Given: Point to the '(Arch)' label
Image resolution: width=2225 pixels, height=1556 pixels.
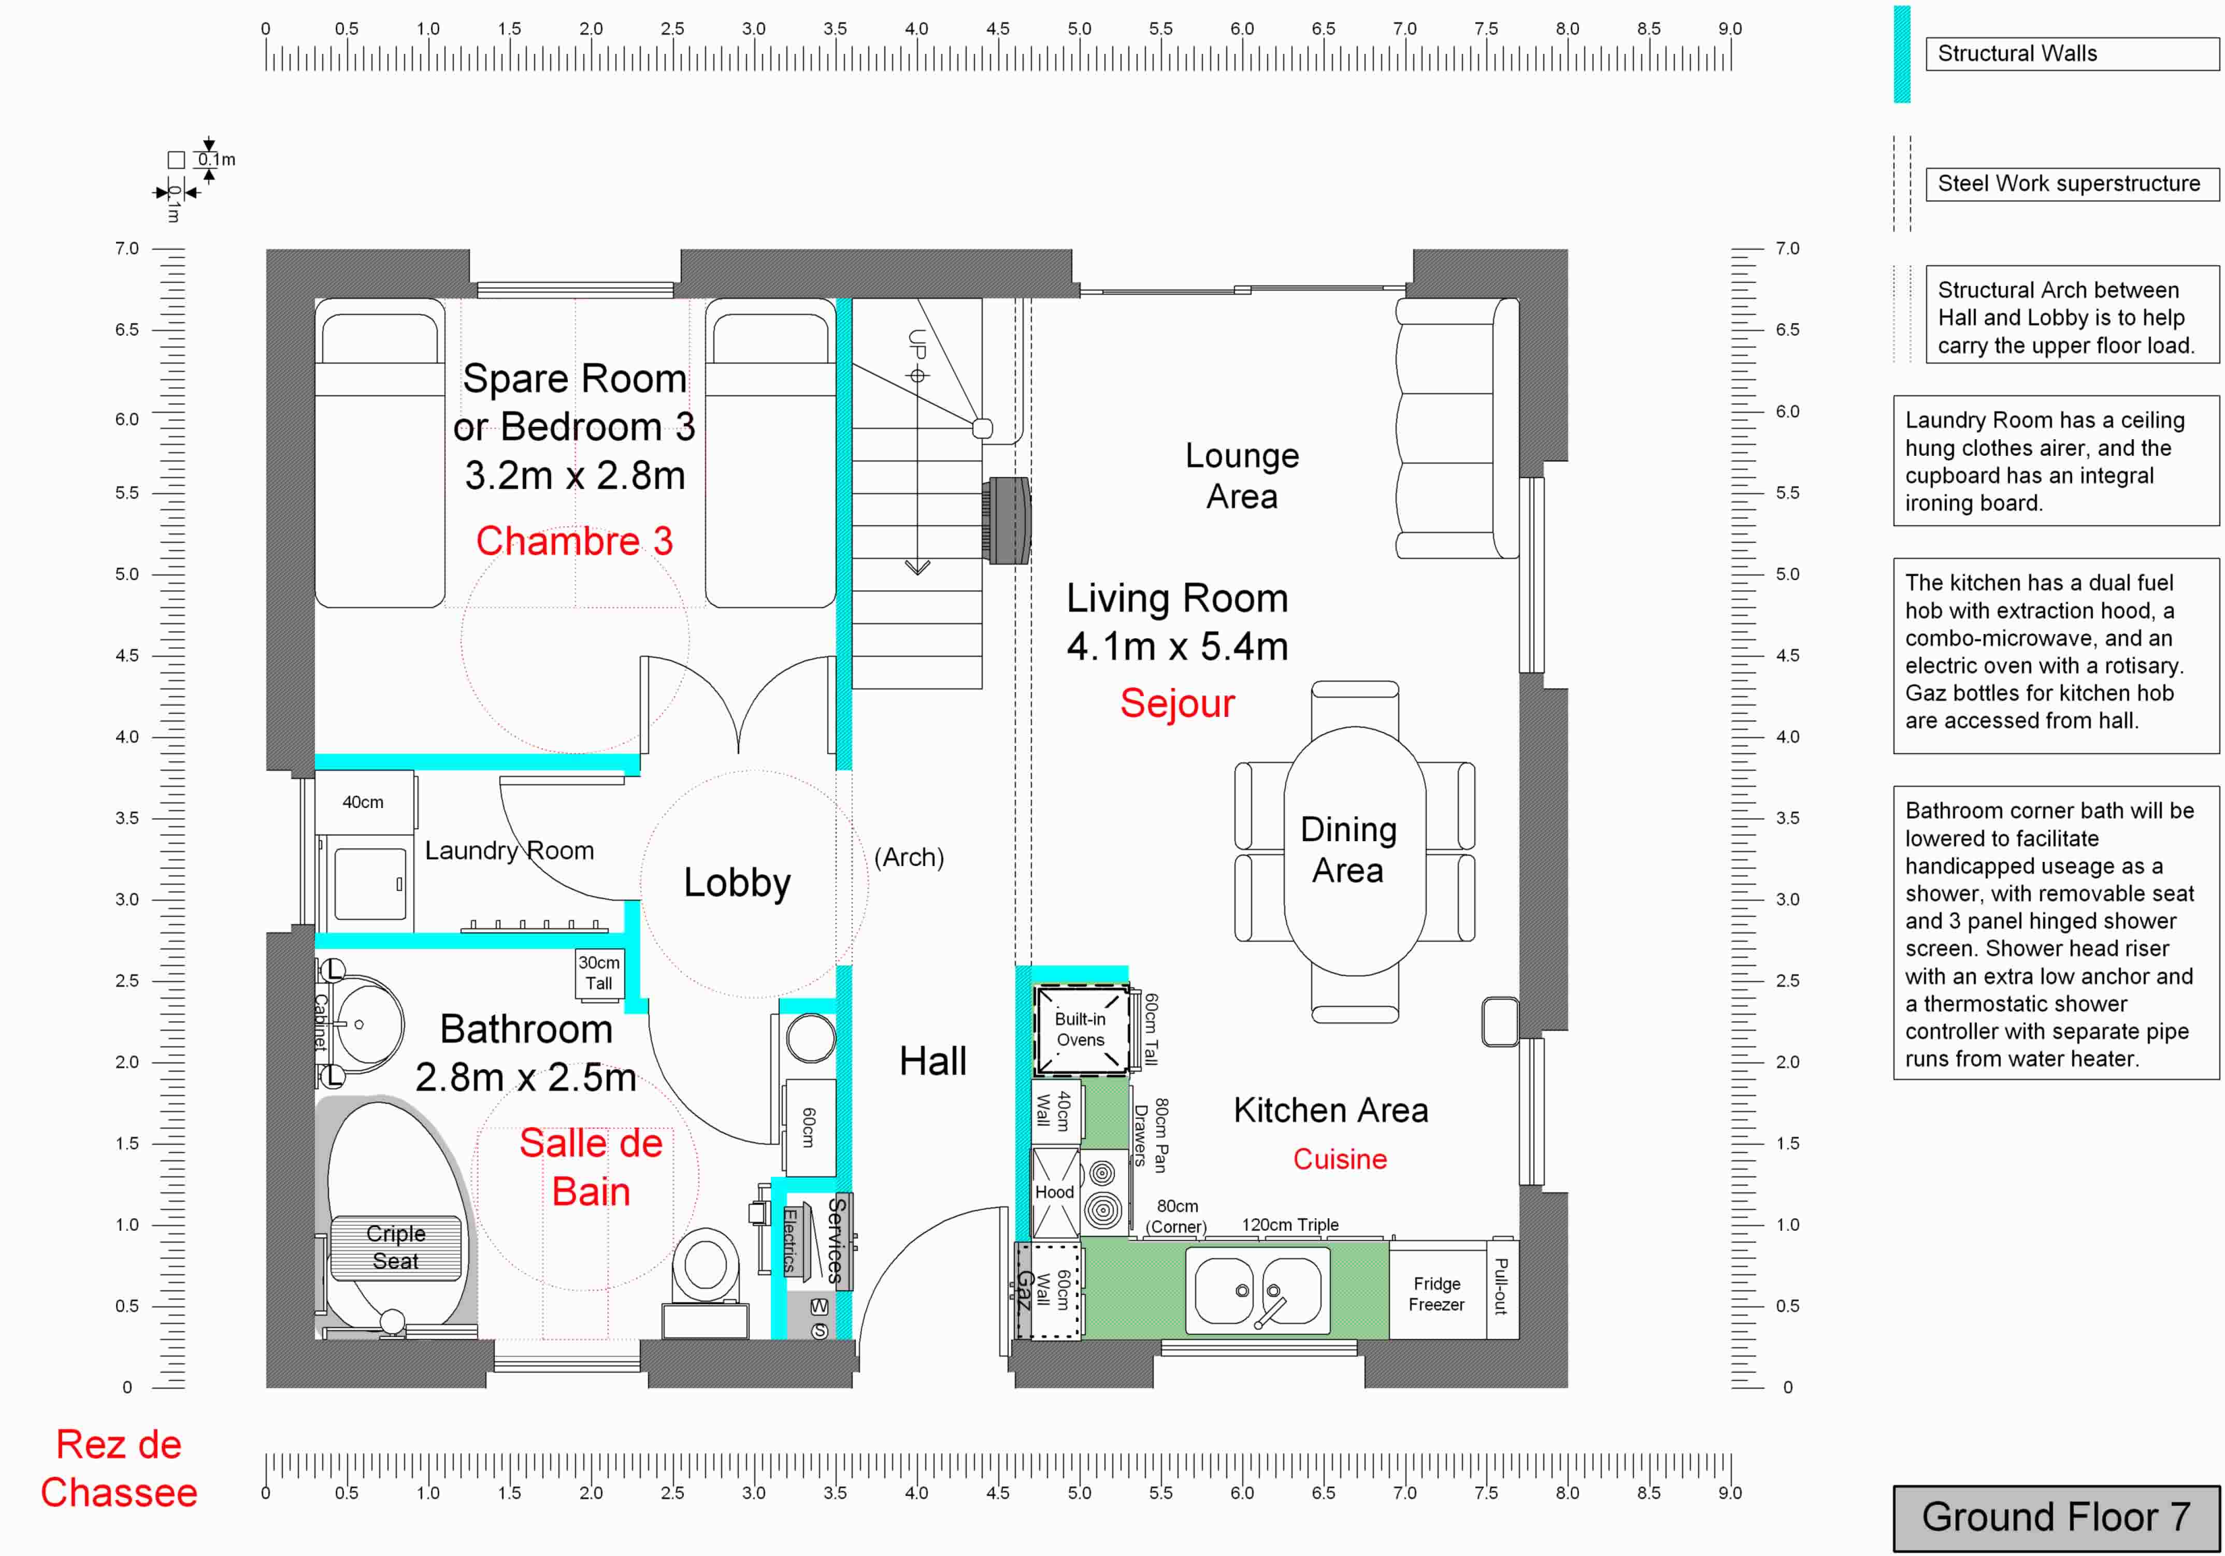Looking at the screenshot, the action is [x=909, y=857].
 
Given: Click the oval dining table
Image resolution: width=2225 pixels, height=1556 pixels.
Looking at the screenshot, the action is [x=1355, y=851].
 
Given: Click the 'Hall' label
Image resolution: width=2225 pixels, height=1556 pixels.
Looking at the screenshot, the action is [x=932, y=1062].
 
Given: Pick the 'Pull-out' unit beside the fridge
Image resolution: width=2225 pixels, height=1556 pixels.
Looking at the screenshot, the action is [x=1502, y=1289].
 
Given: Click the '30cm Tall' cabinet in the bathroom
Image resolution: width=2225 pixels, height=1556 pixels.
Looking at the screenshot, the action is [x=599, y=973].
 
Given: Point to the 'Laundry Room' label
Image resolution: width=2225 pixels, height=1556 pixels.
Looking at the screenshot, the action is [x=510, y=851].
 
